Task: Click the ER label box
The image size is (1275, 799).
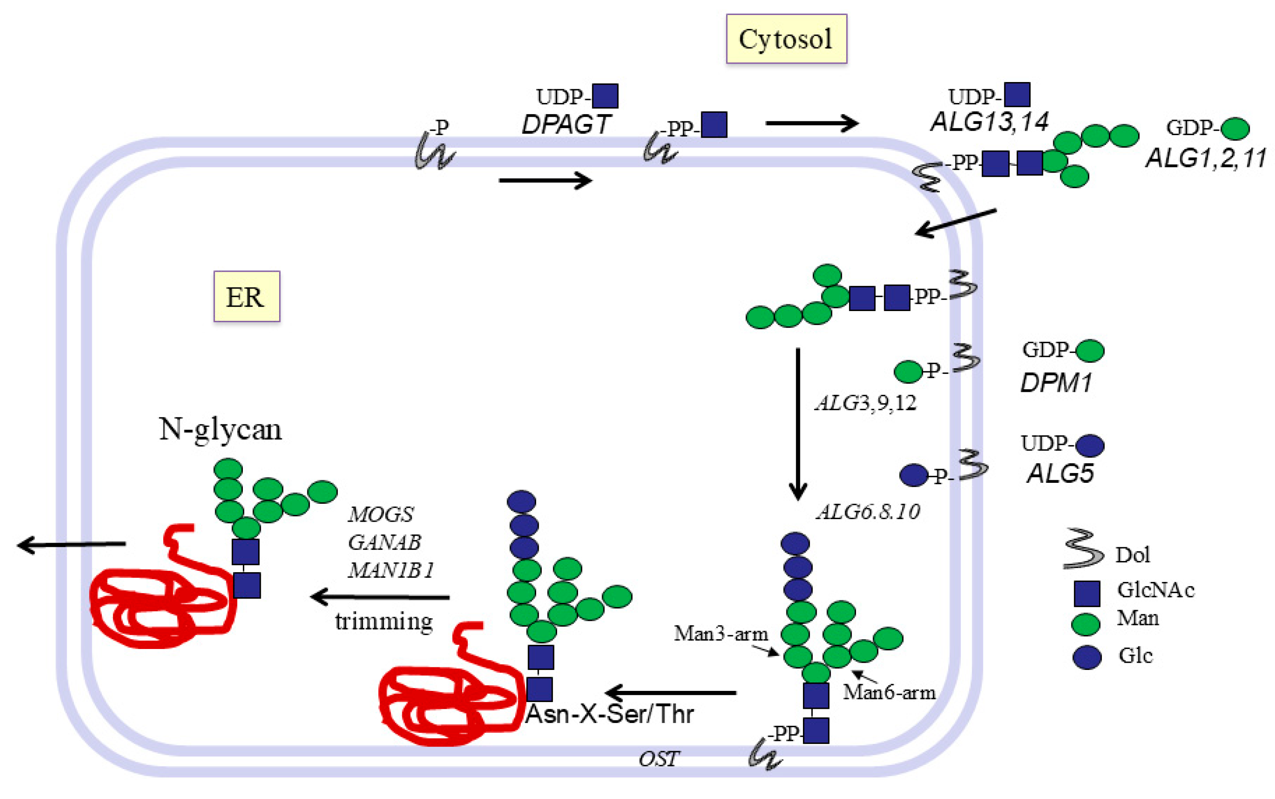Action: tap(246, 297)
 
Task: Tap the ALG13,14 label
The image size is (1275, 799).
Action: tap(989, 122)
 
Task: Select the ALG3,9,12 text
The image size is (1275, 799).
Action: tap(865, 403)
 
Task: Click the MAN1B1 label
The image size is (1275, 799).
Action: tap(390, 570)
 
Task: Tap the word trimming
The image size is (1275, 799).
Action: tap(384, 621)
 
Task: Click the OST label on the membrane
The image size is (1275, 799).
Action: tap(658, 759)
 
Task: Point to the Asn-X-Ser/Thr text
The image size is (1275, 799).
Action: tap(609, 714)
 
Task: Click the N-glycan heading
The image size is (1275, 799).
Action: tap(220, 429)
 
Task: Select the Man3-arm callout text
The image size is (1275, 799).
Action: tap(720, 634)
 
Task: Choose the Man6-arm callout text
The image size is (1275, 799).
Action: tap(889, 692)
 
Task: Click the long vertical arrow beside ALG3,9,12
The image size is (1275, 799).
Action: tap(797, 423)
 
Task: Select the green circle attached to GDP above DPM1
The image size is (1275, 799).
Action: tap(1090, 351)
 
